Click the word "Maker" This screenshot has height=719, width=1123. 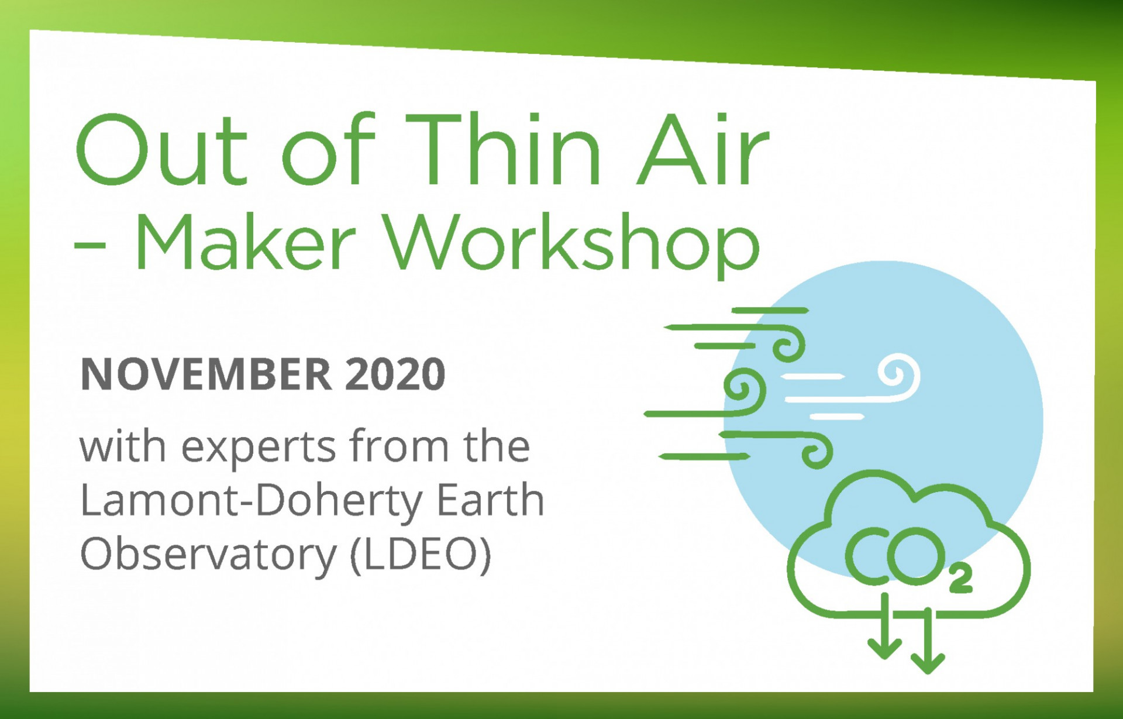point(245,242)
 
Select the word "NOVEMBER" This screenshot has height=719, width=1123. point(206,374)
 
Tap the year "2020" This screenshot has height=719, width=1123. point(395,374)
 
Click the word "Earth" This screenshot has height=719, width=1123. point(491,500)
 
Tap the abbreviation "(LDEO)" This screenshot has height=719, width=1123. point(421,555)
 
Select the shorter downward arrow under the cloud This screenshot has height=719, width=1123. point(884,626)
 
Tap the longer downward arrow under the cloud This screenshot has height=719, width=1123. point(928,641)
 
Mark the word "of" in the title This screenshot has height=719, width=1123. point(328,149)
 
